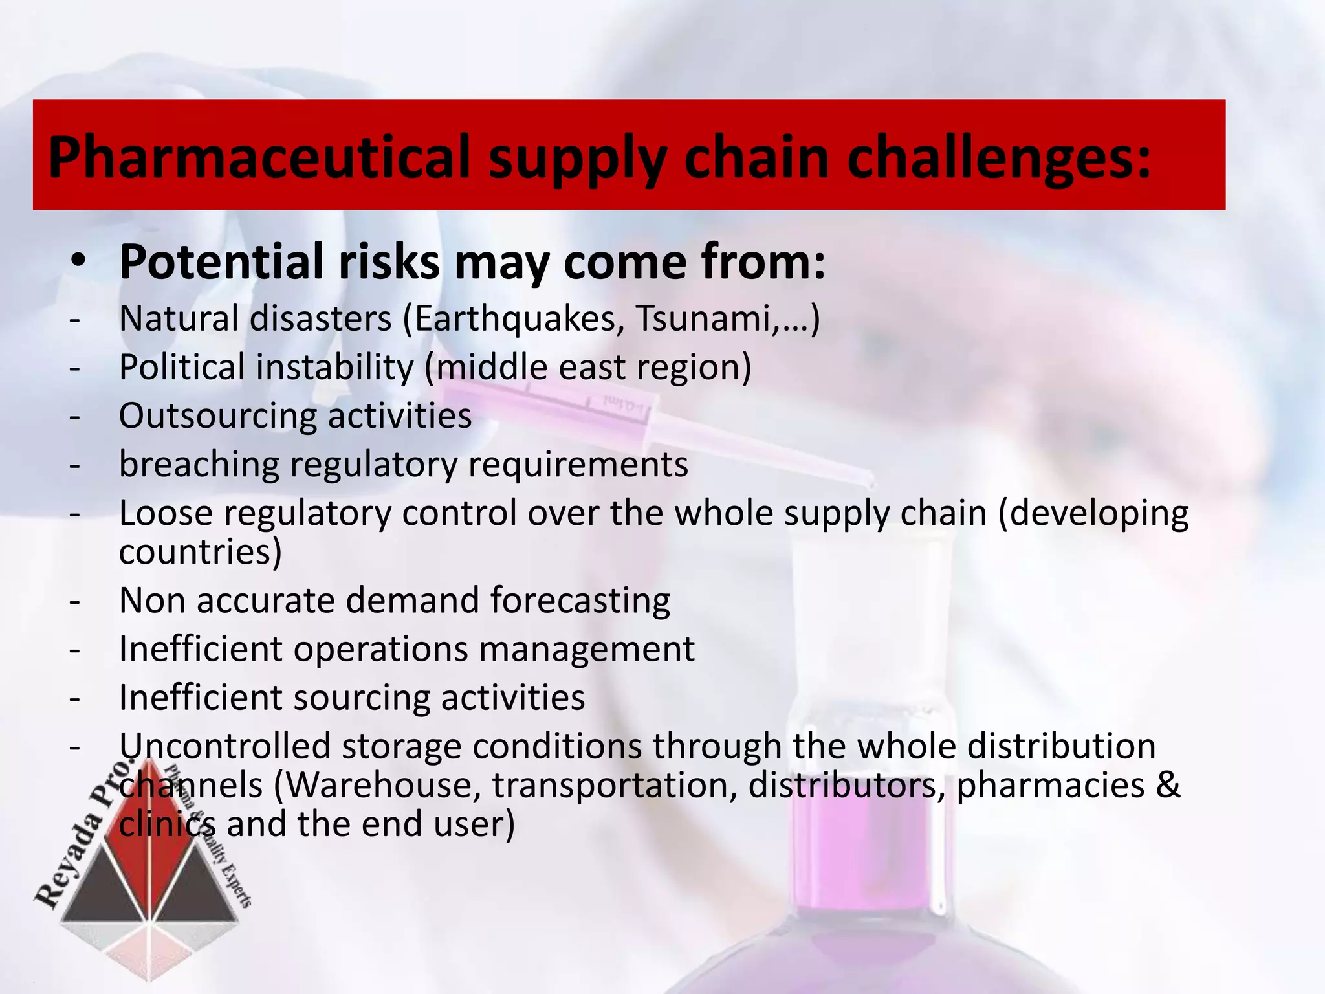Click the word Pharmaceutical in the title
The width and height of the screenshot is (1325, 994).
[259, 157]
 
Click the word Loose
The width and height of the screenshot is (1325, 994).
[166, 513]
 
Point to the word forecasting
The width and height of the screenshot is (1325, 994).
[580, 601]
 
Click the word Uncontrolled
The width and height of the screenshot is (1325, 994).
[225, 745]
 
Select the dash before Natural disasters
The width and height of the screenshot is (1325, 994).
[76, 319]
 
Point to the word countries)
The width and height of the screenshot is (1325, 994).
[201, 552]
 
